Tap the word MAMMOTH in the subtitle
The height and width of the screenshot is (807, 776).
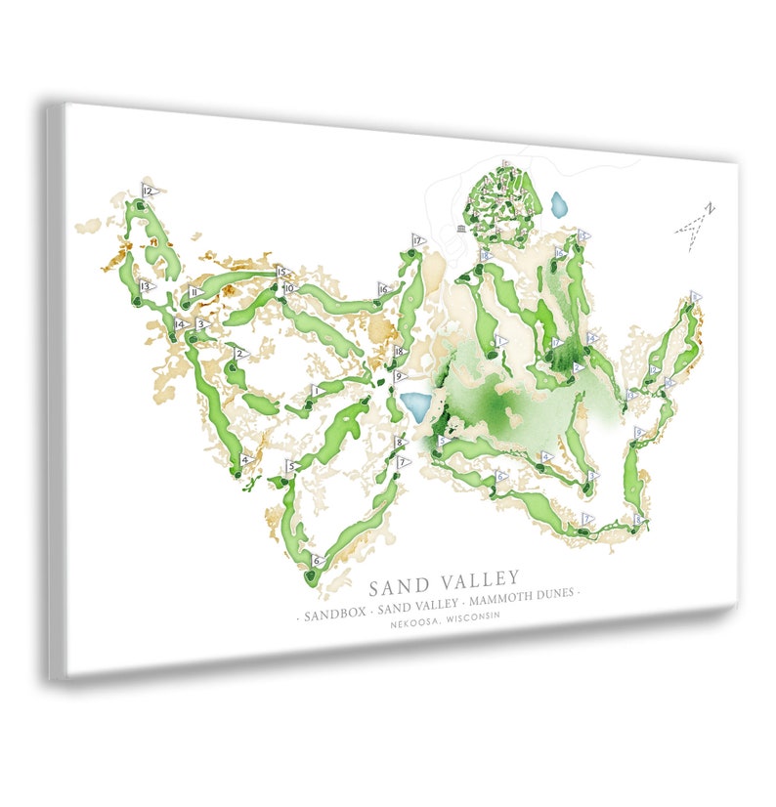point(501,599)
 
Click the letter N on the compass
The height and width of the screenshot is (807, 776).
point(711,207)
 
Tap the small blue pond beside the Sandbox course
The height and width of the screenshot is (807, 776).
point(559,205)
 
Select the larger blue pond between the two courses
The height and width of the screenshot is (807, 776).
point(414,406)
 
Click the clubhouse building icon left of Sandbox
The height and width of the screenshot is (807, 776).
point(460,229)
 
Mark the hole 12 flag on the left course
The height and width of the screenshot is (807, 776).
point(149,191)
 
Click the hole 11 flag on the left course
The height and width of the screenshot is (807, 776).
point(195,291)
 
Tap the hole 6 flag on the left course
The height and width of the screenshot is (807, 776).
point(318,561)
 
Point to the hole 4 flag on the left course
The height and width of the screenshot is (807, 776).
point(246,459)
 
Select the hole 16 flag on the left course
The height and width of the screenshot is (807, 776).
point(384,289)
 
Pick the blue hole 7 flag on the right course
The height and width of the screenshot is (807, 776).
point(587,518)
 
